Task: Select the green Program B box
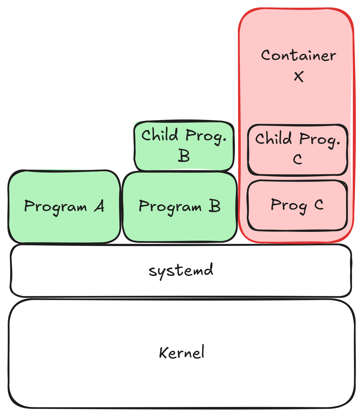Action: point(179,225)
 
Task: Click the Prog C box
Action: point(297,219)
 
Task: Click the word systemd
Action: point(181,270)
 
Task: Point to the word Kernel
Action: point(182,352)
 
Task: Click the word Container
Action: point(298,55)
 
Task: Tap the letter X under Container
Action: point(299,76)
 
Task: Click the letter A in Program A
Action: point(99,206)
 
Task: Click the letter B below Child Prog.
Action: point(184,156)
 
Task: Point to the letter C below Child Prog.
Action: point(297,159)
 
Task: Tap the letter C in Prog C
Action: point(319,204)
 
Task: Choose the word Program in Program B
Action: point(170,207)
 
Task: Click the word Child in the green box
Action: point(160,135)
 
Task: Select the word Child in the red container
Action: point(273,138)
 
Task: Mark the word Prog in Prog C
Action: point(289,206)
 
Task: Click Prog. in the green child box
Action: point(206,136)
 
